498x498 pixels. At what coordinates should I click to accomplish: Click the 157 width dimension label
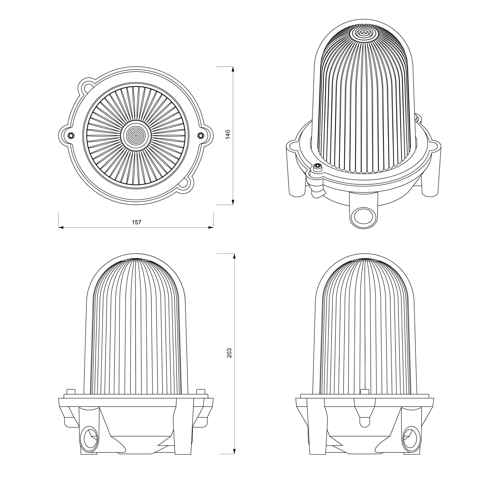(136, 222)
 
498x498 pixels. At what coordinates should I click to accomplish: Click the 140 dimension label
(228, 135)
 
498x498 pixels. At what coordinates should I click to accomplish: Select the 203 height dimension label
(229, 353)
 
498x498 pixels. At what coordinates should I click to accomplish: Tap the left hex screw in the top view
(71, 135)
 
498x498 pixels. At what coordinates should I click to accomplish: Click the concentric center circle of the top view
(136, 135)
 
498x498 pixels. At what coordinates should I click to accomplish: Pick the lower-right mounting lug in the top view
(185, 184)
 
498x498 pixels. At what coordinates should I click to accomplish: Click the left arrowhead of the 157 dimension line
(61, 227)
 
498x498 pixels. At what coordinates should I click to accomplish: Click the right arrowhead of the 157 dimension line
(211, 227)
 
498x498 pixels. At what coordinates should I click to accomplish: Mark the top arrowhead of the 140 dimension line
(233, 69)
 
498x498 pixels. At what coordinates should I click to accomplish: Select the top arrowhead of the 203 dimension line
(234, 256)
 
